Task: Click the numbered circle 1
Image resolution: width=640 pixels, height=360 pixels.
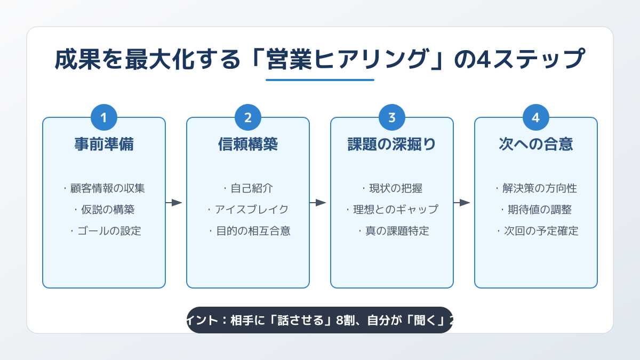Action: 104,118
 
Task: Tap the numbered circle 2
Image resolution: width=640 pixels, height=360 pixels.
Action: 248,118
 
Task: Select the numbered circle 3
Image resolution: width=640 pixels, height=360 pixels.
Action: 392,118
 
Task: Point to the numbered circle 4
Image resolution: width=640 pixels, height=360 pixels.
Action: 536,118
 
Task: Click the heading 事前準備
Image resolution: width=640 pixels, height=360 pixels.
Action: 104,145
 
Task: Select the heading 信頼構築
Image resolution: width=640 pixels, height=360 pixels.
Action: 248,145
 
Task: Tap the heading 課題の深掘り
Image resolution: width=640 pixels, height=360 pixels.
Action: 392,145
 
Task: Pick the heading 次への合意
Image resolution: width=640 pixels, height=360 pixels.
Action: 536,145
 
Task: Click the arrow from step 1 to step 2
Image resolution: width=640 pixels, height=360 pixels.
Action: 174,203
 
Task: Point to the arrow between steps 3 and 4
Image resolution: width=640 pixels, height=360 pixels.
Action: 462,203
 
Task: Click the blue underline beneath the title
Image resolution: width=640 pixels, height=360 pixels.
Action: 320,80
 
